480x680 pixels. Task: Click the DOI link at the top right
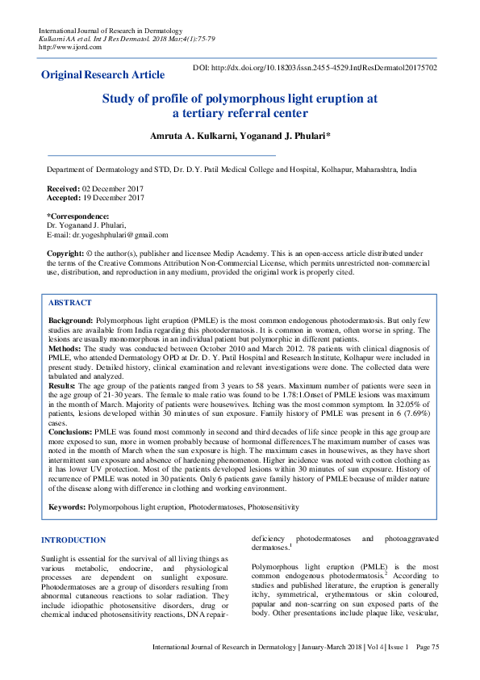point(315,68)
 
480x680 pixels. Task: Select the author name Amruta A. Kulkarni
point(190,136)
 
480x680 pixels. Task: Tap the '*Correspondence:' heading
point(78,216)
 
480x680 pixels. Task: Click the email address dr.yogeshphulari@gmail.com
point(120,235)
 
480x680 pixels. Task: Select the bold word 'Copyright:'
point(65,254)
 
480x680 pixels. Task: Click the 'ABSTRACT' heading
point(70,302)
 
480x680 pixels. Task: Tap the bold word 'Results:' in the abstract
point(62,388)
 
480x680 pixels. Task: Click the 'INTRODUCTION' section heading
point(73,539)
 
